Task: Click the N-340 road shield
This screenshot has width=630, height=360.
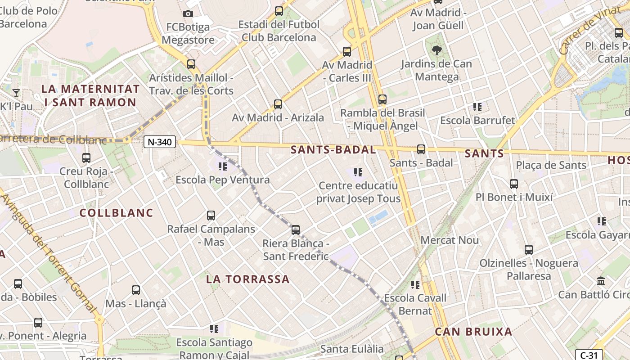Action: coord(160,142)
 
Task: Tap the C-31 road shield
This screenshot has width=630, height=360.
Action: coord(589,355)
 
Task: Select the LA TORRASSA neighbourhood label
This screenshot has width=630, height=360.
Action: coord(248,279)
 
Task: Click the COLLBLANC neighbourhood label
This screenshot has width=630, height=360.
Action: coord(117,212)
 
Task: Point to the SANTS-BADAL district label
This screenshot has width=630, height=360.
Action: coord(333,150)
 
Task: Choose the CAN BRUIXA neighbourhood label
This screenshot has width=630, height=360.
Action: coord(473,332)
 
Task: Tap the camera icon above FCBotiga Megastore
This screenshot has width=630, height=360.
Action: coord(188,14)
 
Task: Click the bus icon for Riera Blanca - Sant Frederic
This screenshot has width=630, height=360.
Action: coord(296,230)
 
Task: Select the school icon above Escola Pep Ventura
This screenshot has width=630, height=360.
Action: coord(222,167)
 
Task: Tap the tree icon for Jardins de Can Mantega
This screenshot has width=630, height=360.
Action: coord(436,50)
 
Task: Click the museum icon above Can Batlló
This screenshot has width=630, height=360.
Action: coord(601,281)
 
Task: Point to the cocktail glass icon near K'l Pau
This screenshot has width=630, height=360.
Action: coord(16,93)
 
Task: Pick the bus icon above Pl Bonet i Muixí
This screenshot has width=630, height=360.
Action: coord(514,184)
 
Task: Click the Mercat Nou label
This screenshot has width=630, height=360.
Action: coord(450,240)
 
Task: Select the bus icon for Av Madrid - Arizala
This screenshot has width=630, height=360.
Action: coord(278,104)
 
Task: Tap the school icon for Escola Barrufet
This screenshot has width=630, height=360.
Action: coord(477,107)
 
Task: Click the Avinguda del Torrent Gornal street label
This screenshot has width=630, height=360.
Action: coord(49,252)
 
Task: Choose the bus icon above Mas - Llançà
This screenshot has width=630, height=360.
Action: coord(136,290)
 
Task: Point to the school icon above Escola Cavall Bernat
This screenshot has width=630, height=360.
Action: coord(415,284)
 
